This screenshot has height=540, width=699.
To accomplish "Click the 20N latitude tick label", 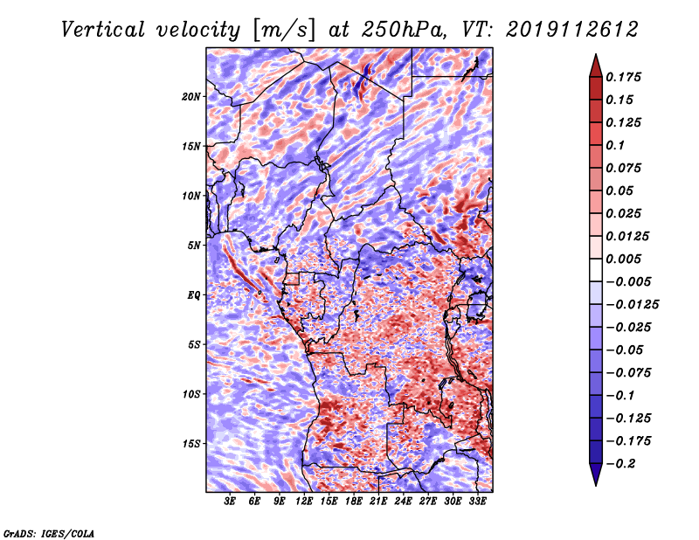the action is click(191, 97).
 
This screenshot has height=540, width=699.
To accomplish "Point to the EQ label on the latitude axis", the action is click(193, 295).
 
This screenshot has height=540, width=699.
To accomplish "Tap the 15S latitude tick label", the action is click(191, 444).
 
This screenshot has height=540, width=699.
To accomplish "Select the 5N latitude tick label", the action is click(194, 246).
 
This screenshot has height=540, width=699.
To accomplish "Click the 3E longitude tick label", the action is click(230, 501).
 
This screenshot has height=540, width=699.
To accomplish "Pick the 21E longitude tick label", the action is click(378, 501).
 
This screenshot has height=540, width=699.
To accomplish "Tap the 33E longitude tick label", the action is click(477, 501).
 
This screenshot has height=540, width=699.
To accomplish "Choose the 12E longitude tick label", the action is click(303, 501).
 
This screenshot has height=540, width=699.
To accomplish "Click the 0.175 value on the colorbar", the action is click(623, 77).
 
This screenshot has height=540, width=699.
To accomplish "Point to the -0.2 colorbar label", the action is click(620, 464).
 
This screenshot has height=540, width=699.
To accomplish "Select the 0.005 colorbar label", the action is click(623, 259).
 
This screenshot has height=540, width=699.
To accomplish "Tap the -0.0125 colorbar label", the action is click(632, 305).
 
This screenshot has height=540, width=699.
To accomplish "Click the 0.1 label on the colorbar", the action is click(615, 145).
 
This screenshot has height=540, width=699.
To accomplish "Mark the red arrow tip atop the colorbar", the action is click(596, 54).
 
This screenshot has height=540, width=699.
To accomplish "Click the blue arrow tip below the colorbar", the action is click(596, 485).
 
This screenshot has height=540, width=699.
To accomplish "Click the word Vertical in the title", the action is click(102, 30).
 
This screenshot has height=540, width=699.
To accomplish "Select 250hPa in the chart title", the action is click(404, 30).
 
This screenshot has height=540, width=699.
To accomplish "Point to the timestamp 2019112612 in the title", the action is click(572, 30).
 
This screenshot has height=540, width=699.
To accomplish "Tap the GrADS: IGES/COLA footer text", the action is click(49, 534).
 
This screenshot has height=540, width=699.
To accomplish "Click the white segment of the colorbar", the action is click(596, 270).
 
